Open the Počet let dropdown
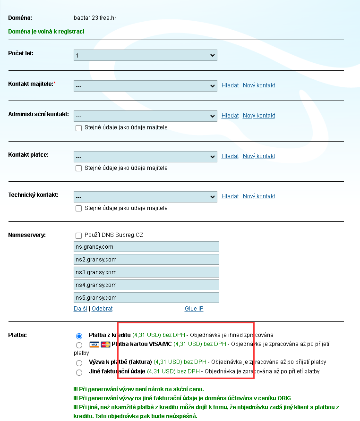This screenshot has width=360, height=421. (x=145, y=56)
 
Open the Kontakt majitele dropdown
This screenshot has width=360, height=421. (x=145, y=86)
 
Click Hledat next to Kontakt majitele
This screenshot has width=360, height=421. (x=230, y=85)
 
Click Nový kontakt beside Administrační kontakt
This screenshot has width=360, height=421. (x=258, y=116)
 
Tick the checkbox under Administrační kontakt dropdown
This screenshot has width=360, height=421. (x=79, y=127)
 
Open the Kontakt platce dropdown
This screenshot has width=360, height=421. (x=145, y=156)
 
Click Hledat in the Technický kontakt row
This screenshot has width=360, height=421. (x=230, y=196)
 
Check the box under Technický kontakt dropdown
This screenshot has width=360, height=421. (x=79, y=208)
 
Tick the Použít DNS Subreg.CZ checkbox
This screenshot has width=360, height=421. (x=79, y=235)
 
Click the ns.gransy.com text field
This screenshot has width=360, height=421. (x=146, y=247)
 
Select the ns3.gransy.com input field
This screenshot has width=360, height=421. (x=146, y=272)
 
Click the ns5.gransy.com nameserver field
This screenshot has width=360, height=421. (x=146, y=298)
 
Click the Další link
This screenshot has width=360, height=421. (x=81, y=309)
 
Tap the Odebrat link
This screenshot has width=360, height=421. (x=102, y=309)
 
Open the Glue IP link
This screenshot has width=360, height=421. (x=194, y=309)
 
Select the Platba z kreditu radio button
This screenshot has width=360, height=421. (x=79, y=336)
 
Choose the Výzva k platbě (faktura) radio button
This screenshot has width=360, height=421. (x=79, y=363)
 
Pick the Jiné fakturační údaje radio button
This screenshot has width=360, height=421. (x=79, y=372)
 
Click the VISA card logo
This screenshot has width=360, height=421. (x=94, y=345)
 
